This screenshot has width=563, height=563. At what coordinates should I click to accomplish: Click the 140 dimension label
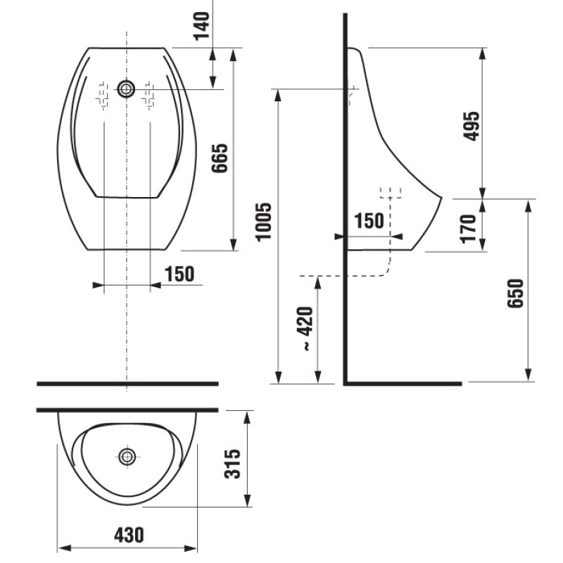[x=201, y=26]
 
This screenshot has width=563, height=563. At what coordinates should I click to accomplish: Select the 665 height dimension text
[x=220, y=158]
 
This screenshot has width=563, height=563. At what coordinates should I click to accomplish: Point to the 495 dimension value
[x=471, y=126]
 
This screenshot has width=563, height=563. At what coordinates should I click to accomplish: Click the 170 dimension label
[x=469, y=229]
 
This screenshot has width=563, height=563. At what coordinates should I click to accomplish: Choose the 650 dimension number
[x=516, y=293]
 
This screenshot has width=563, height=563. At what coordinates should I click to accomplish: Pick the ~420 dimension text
[x=305, y=329]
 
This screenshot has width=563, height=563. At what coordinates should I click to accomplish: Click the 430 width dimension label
[x=129, y=535]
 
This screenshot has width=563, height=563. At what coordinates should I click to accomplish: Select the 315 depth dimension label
[x=232, y=464]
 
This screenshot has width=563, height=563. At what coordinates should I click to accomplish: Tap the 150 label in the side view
[x=369, y=220]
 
